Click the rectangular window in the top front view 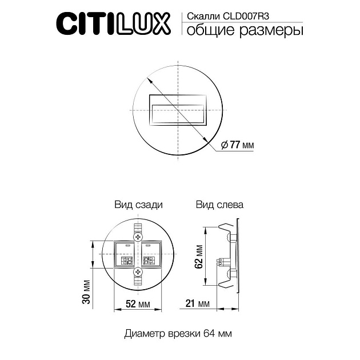click(177, 109)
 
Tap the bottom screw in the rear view click(138, 274)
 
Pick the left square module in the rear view click(126, 255)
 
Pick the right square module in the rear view click(150, 255)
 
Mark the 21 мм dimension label click(196, 303)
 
